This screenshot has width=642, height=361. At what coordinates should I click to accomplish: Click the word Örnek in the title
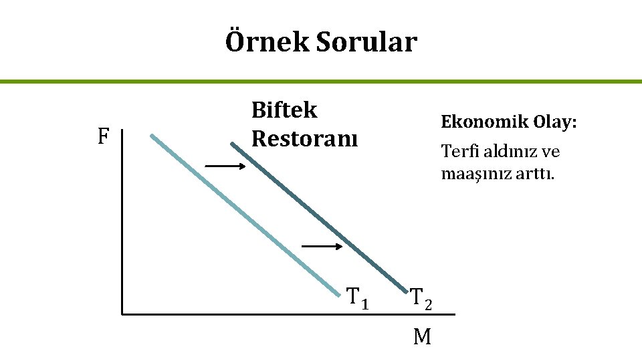coord(267,42)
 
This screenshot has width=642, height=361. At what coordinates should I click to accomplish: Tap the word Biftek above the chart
coord(284,110)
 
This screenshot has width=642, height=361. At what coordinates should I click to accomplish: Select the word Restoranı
coord(304,138)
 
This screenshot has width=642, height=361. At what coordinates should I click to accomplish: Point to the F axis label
coord(103,137)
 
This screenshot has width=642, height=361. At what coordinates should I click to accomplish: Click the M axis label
coord(422,337)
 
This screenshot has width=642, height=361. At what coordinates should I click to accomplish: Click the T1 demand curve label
coord(357,296)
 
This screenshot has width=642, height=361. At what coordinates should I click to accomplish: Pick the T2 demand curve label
coord(421,298)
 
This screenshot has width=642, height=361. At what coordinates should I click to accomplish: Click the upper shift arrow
coord(225,165)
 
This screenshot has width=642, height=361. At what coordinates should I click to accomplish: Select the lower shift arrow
coord(322,246)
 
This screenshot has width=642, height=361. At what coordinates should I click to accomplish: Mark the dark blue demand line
coord(321,218)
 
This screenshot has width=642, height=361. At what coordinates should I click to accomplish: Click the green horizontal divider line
coord(321,82)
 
